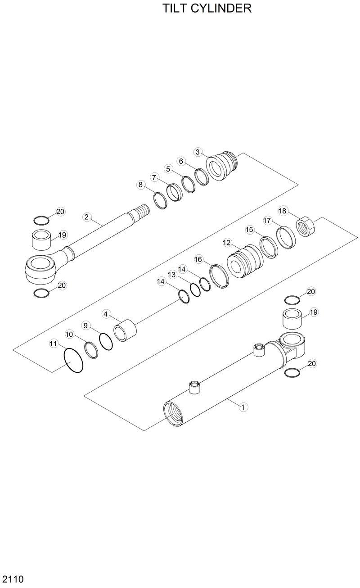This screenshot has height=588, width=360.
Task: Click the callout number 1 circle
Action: tap(243, 407)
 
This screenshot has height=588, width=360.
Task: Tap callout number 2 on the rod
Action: tap(87, 217)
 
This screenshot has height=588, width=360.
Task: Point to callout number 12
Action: tap(227, 243)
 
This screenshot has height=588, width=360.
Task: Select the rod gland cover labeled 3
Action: tap(223, 167)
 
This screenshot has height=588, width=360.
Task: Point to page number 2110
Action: tap(12, 579)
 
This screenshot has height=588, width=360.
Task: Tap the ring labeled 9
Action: tap(106, 342)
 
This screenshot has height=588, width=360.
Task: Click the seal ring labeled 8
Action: tap(160, 200)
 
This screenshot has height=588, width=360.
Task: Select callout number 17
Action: tap(267, 221)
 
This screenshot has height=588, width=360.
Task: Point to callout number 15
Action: tap(249, 230)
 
